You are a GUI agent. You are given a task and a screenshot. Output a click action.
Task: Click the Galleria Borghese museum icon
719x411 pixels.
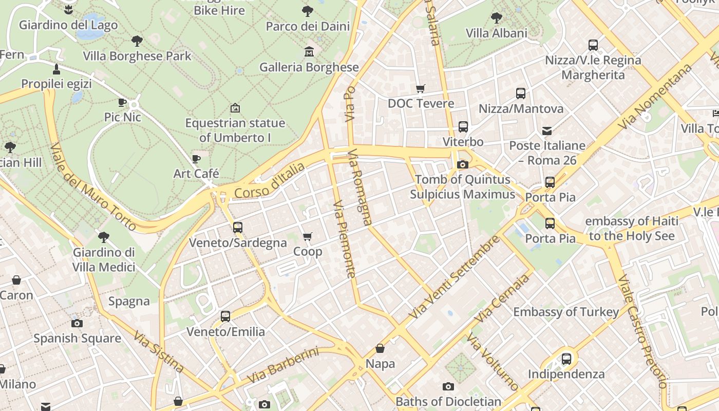point(309,52)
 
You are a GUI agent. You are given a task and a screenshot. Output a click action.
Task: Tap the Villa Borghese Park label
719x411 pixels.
point(137,56)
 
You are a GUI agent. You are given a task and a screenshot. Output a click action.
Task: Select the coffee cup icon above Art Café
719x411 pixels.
point(196,159)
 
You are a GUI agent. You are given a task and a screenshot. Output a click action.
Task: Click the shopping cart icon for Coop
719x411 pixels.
point(307,237)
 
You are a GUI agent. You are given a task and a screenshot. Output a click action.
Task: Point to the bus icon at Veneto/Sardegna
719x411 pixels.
point(237,227)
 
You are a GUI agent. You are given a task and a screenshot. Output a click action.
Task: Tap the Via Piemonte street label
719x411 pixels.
point(344,239)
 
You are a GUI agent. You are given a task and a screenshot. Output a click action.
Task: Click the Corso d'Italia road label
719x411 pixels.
point(269,180)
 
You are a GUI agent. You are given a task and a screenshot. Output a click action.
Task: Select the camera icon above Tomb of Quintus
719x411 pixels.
point(462,164)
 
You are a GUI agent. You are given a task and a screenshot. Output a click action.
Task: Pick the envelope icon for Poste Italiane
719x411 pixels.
point(547,130)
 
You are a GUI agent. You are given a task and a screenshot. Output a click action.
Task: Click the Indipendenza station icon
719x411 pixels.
point(566,359)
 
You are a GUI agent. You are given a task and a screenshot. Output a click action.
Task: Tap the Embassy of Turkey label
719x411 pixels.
point(566,312)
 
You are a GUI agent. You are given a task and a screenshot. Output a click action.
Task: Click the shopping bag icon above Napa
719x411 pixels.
point(380,349)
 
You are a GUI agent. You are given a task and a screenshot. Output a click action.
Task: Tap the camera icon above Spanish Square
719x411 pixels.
point(77,323)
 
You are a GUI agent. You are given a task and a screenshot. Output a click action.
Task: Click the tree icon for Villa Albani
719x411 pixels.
point(496,18)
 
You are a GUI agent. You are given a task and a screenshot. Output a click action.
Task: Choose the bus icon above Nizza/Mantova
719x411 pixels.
point(520,94)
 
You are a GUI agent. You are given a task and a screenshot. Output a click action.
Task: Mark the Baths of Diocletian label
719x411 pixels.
point(448,401)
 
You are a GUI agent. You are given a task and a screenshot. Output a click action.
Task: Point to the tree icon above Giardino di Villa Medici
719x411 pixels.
point(103,237)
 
